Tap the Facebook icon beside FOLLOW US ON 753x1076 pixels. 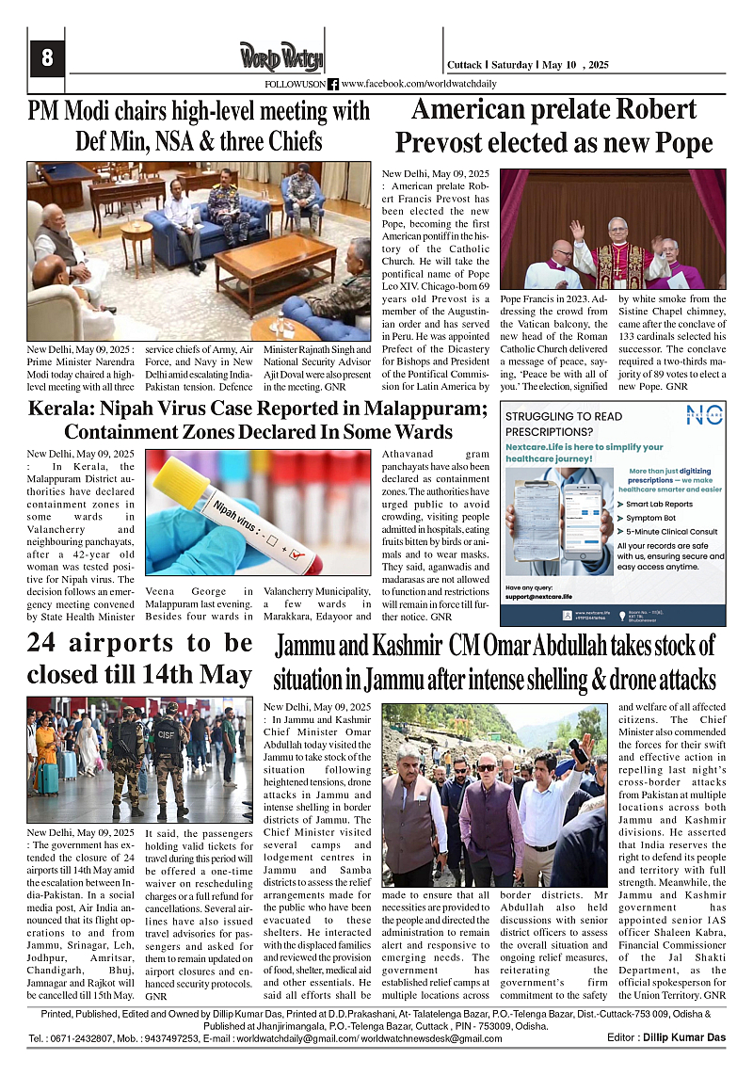tap(333, 84)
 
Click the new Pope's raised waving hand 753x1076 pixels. tap(577, 230)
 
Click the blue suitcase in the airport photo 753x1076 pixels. tap(48, 779)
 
